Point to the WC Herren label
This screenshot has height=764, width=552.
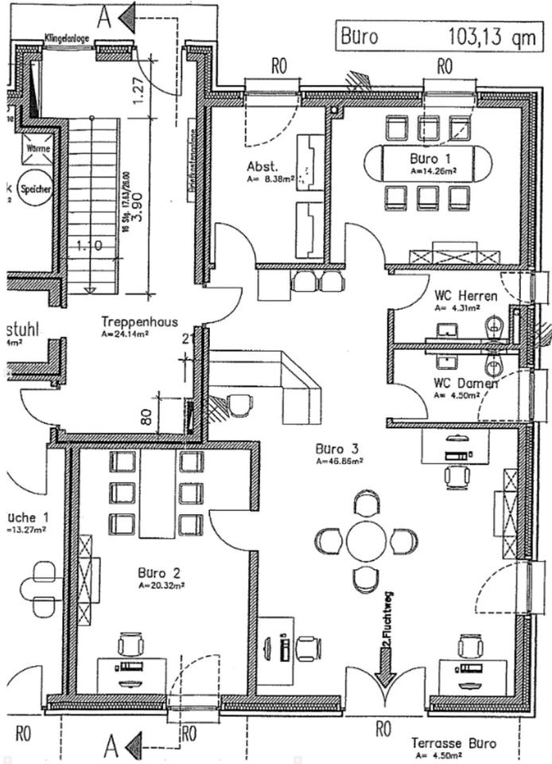(465, 296)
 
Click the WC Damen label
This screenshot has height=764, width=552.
(465, 383)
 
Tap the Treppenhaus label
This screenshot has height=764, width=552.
(138, 322)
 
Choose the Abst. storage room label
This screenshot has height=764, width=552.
(262, 167)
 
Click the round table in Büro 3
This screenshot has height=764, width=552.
(366, 540)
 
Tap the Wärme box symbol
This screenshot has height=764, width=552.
(37, 148)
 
